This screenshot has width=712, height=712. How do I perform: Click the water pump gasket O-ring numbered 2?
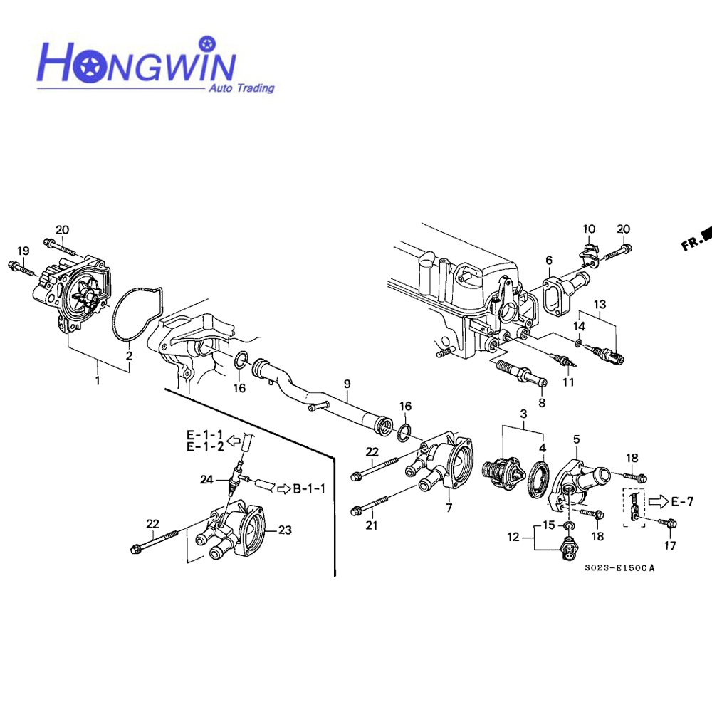135,313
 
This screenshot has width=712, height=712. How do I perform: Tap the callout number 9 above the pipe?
347,384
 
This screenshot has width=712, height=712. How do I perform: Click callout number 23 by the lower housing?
286,530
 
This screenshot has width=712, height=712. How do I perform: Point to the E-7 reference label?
681,502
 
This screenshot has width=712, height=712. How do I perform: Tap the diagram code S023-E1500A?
619,568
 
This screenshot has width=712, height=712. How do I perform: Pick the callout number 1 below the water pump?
98,380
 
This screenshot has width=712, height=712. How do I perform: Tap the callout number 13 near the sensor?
600,305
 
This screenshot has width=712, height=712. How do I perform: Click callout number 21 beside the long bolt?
371,526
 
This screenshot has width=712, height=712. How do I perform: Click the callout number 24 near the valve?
207,480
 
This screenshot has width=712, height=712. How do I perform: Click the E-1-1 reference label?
205,434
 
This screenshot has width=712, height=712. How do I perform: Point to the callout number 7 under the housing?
449,508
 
